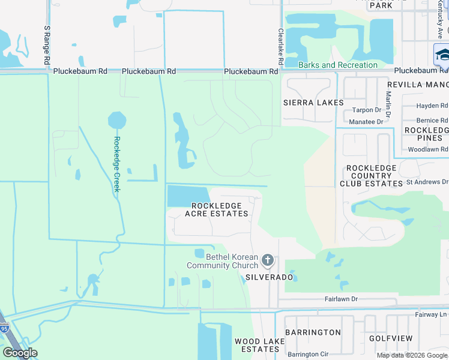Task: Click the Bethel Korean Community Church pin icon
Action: tap(268, 261)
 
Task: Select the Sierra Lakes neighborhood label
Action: tap(313, 103)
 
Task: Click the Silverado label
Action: tap(269, 277)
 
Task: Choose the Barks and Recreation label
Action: tap(339, 65)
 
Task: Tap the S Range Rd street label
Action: tap(46, 45)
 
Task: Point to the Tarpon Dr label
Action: tap(366, 110)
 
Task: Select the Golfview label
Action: tap(391, 338)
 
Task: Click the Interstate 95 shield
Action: tap(4, 329)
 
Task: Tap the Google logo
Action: tap(20, 353)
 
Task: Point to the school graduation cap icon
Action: tap(442, 55)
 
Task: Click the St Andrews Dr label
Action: tap(427, 182)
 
